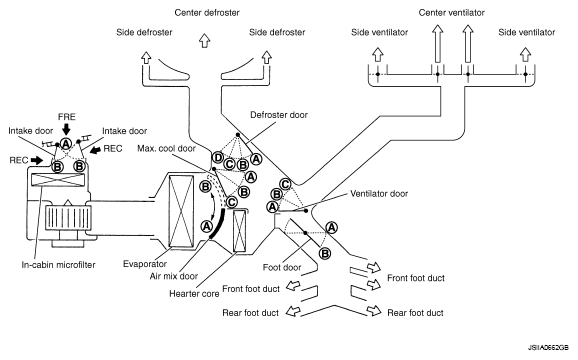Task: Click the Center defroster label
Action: pos(207,13)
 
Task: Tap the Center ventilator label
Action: pos(451,13)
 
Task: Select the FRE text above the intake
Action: pos(67,117)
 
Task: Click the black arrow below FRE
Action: pos(66,130)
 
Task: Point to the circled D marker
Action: pos(218,158)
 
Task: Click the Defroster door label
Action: pos(279,115)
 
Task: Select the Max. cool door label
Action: pos(166,148)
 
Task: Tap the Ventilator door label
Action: pos(379,194)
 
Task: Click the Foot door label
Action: pos(282,268)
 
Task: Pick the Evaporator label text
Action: pos(145,264)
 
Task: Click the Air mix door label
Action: pos(174,276)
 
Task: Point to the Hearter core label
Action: pos(194,294)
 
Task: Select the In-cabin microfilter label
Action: pos(58,265)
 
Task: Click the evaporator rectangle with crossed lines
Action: pos(181,211)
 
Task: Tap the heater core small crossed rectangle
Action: pos(240,231)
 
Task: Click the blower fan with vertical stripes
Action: pos(68,218)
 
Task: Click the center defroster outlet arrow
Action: pos(205,41)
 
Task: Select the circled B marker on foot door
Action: pos(325,254)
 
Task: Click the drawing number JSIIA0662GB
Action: pos(548,348)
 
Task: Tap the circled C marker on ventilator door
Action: pos(285,184)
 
